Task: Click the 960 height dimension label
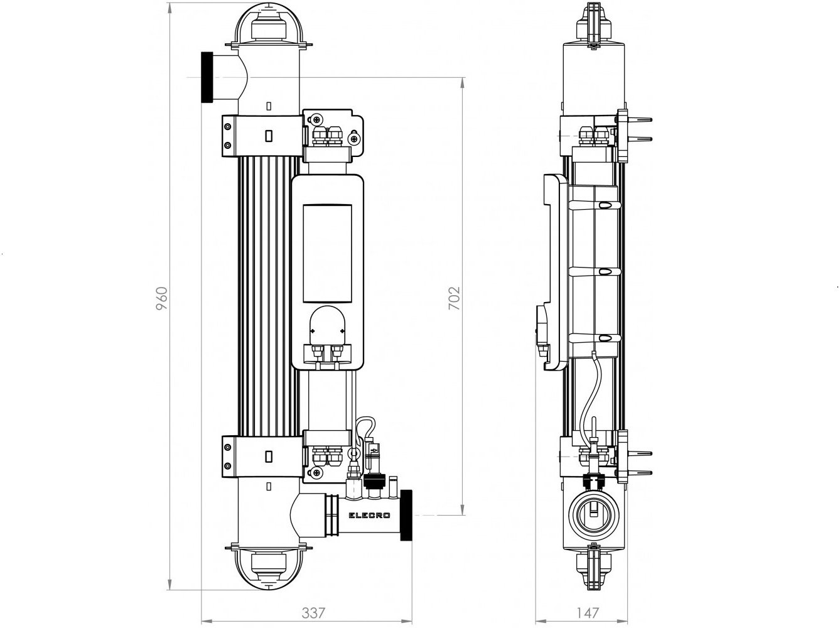pos(162,299)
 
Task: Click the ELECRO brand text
pos(369,516)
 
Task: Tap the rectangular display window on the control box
pos(327,254)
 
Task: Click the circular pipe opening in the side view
pos(593,516)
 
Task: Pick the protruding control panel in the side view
pos(551,273)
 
